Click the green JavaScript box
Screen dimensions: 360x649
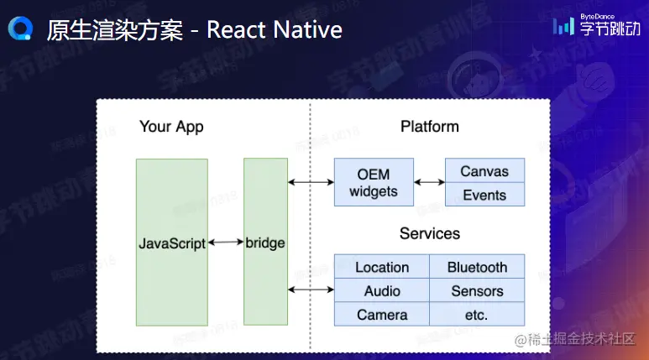pyautogui.click(x=171, y=243)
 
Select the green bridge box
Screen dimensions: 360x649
pyautogui.click(x=265, y=243)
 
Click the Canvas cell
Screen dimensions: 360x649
pyautogui.click(x=484, y=171)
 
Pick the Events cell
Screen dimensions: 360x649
pyautogui.click(x=484, y=196)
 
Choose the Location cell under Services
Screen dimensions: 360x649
pyautogui.click(x=382, y=267)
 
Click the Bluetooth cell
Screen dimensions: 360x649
pyautogui.click(x=477, y=267)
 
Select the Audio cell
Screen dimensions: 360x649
pyautogui.click(x=382, y=291)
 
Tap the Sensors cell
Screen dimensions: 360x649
pyautogui.click(x=477, y=291)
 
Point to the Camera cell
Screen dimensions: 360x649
pyautogui.click(x=382, y=315)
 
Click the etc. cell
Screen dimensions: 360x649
pyautogui.click(x=477, y=315)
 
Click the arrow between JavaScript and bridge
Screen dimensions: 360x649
pyautogui.click(x=225, y=243)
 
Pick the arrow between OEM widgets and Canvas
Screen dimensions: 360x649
pyautogui.click(x=429, y=182)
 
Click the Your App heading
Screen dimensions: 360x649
pyautogui.click(x=171, y=128)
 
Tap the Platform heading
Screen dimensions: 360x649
pyautogui.click(x=429, y=127)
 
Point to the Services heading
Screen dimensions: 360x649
pyautogui.click(x=429, y=233)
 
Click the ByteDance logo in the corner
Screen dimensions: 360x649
pyautogui.click(x=595, y=27)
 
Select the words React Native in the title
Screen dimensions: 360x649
pyautogui.click(x=275, y=30)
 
